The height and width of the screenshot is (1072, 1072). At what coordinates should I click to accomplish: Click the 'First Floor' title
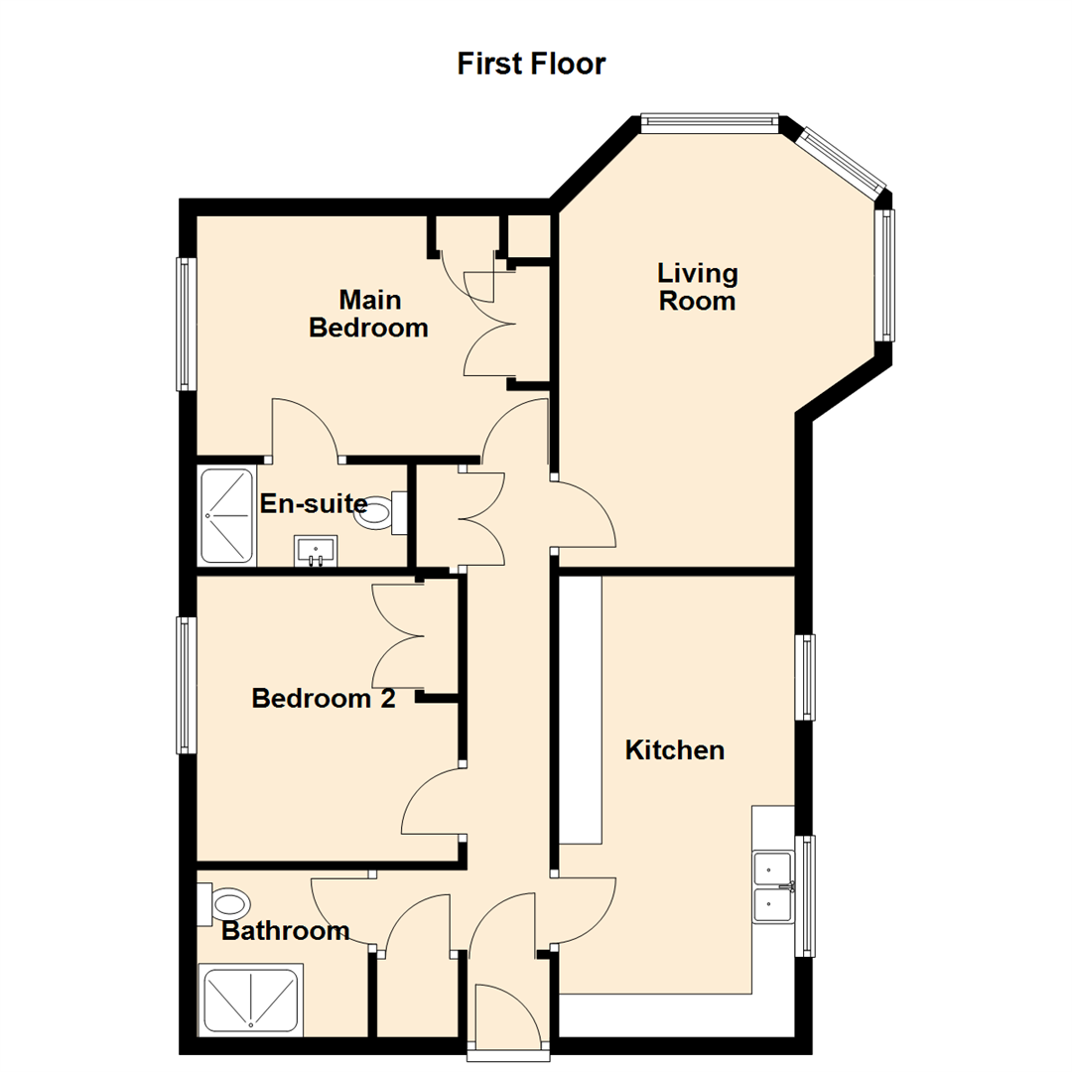tap(531, 65)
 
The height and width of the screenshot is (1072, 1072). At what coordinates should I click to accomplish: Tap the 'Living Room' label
tap(698, 287)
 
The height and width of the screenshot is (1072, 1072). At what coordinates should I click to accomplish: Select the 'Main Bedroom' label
tap(368, 313)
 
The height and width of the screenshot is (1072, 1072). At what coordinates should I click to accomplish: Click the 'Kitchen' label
tap(675, 750)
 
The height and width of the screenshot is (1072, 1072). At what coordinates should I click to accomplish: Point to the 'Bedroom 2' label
tap(324, 699)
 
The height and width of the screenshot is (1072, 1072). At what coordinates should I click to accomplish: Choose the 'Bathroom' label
tap(285, 931)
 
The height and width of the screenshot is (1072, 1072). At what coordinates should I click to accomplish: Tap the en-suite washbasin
tap(316, 550)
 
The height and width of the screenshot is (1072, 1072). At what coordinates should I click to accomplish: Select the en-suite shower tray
tap(227, 514)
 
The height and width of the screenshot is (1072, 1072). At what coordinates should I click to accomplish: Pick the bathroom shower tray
tap(250, 1000)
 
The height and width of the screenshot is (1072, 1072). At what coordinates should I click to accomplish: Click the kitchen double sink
tap(773, 885)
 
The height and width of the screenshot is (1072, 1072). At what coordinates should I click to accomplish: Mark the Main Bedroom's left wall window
tap(185, 324)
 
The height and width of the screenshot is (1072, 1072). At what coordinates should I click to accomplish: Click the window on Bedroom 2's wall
tap(185, 685)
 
